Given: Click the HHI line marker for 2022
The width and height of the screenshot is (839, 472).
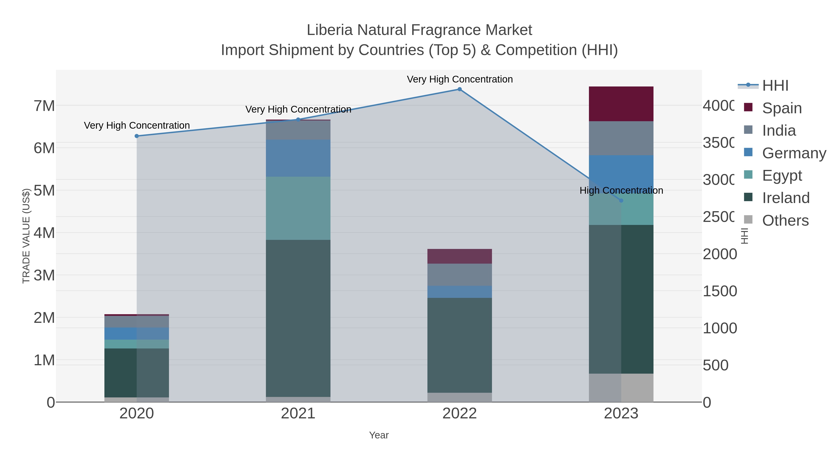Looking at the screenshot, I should point(460,89).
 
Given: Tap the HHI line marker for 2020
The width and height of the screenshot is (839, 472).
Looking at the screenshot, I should point(137,136).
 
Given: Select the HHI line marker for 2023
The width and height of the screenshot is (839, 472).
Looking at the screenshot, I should point(621,201).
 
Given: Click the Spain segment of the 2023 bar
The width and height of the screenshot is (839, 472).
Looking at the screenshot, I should point(621,104).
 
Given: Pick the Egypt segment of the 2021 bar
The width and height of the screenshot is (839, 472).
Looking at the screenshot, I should point(298,208).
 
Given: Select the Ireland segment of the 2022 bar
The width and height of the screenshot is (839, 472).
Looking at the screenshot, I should point(460,345).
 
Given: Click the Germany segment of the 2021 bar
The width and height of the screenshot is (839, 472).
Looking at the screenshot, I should point(298,158).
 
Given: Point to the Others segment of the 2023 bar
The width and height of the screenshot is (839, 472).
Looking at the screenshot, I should point(621,388).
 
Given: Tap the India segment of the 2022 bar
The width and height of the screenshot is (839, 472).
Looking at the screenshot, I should point(460,275).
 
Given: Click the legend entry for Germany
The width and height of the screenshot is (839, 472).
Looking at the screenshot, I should point(794,153).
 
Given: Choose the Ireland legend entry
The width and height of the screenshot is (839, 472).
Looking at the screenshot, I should point(786,198).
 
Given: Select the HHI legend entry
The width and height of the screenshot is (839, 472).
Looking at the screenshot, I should point(775,86).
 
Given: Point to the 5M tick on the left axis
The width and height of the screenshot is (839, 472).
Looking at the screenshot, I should point(44,191).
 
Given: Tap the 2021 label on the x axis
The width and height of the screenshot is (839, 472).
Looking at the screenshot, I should point(298,414).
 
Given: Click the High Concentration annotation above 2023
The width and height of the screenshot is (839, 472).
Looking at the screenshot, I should point(621,191).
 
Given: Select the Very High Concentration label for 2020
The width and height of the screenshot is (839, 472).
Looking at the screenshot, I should point(137,125).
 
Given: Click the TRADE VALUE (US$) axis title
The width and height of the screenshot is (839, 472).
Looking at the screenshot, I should point(26,236).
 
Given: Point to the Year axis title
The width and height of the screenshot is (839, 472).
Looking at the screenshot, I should point(379,435).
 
